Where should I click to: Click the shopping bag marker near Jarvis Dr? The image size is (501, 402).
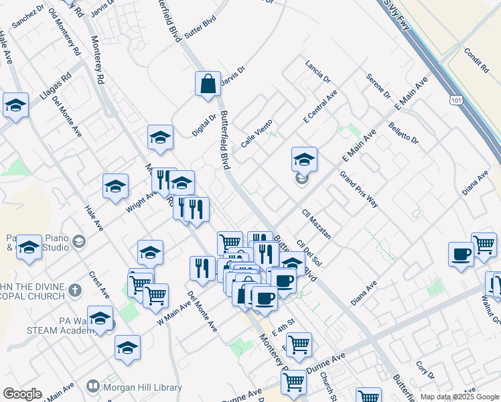point(208,84)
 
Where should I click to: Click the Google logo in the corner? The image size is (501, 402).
point(22,394)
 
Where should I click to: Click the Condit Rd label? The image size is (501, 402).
point(476,60)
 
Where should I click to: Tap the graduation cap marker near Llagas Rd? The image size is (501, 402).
point(15,105)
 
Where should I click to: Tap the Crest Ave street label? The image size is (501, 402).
point(99,285)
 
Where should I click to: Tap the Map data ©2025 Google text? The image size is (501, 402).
point(459,397)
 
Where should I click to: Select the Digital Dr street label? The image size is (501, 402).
point(204,125)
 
